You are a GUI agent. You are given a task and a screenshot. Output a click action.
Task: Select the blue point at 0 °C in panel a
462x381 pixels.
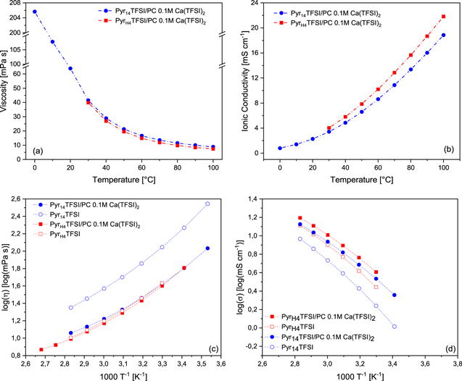click(34, 12)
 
